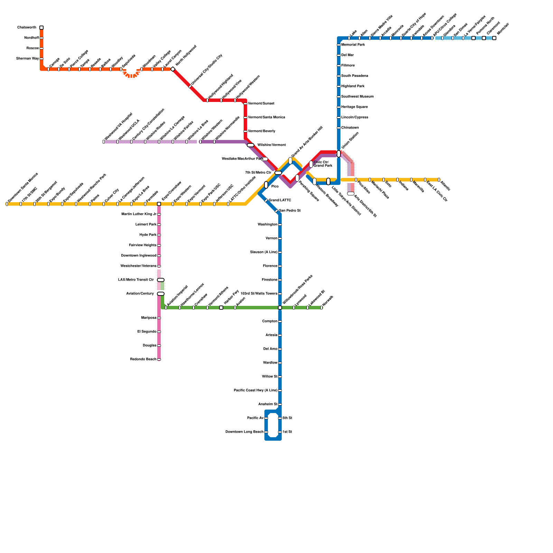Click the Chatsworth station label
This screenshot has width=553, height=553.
pyautogui.click(x=27, y=28)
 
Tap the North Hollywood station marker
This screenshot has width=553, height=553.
pyautogui.click(x=173, y=69)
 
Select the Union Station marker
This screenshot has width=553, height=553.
pyautogui.click(x=339, y=154)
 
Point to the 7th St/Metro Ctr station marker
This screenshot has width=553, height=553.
pyautogui.click(x=278, y=173)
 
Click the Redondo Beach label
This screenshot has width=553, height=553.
pyautogui.click(x=143, y=359)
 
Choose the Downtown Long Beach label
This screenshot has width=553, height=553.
pyautogui.click(x=244, y=432)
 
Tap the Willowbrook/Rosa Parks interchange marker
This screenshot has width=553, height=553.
pyautogui.click(x=280, y=308)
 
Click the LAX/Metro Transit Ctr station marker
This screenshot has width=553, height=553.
pyautogui.click(x=161, y=280)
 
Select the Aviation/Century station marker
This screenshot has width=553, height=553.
pyautogui.click(x=161, y=294)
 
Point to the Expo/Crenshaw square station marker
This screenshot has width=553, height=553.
pyautogui.click(x=159, y=204)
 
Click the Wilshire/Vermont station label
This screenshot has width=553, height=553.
pyautogui.click(x=272, y=145)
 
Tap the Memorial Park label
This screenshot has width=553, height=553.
pyautogui.click(x=353, y=45)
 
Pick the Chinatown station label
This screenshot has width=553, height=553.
pyautogui.click(x=350, y=128)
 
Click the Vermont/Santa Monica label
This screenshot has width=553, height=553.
pyautogui.click(x=266, y=118)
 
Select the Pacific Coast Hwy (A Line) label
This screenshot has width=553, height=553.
pyautogui.click(x=255, y=391)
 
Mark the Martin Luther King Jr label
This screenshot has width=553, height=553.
pyautogui.click(x=139, y=214)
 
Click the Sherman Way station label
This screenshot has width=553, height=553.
pyautogui.click(x=28, y=59)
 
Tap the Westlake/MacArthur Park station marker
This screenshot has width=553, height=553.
pyautogui.click(x=264, y=159)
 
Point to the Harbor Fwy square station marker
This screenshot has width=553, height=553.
pyautogui.click(x=221, y=308)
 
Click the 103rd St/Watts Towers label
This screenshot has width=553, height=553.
pyautogui.click(x=259, y=294)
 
